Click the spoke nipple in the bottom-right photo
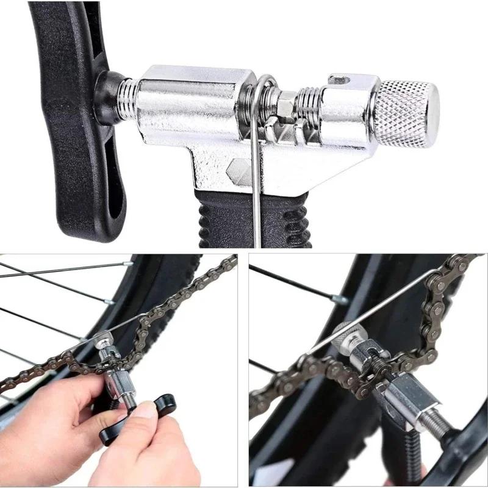pos(340,300)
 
